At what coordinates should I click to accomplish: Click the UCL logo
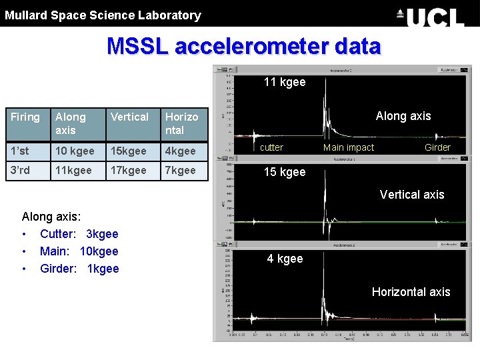pyautogui.click(x=430, y=16)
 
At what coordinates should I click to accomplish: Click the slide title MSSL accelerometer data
pyautogui.click(x=243, y=47)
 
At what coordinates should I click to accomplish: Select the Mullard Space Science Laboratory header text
pyautogui.click(x=103, y=15)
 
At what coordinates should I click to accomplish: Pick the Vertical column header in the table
pyautogui.click(x=129, y=117)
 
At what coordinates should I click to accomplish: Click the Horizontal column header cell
pyautogui.click(x=182, y=123)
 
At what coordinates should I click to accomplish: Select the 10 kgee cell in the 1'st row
pyautogui.click(x=75, y=151)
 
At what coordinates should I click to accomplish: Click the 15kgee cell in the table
pyautogui.click(x=128, y=151)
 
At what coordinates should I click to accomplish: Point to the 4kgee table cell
pyautogui.click(x=181, y=151)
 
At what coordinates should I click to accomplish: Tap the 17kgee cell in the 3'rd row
pyautogui.click(x=128, y=171)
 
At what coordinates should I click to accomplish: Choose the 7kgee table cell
pyautogui.click(x=181, y=171)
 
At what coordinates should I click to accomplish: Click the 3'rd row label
pyautogui.click(x=20, y=171)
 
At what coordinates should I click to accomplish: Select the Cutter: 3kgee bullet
pyautogui.click(x=79, y=234)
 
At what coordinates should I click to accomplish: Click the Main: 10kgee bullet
pyautogui.click(x=79, y=251)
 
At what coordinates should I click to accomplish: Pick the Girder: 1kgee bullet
pyautogui.click(x=79, y=269)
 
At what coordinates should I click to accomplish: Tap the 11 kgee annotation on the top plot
pyautogui.click(x=285, y=82)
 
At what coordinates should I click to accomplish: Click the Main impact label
pyautogui.click(x=349, y=147)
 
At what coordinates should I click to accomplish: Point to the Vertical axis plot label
pyautogui.click(x=411, y=195)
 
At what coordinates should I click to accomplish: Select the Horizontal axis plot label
pyautogui.click(x=411, y=292)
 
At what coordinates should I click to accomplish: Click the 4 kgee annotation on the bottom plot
pyautogui.click(x=285, y=259)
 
